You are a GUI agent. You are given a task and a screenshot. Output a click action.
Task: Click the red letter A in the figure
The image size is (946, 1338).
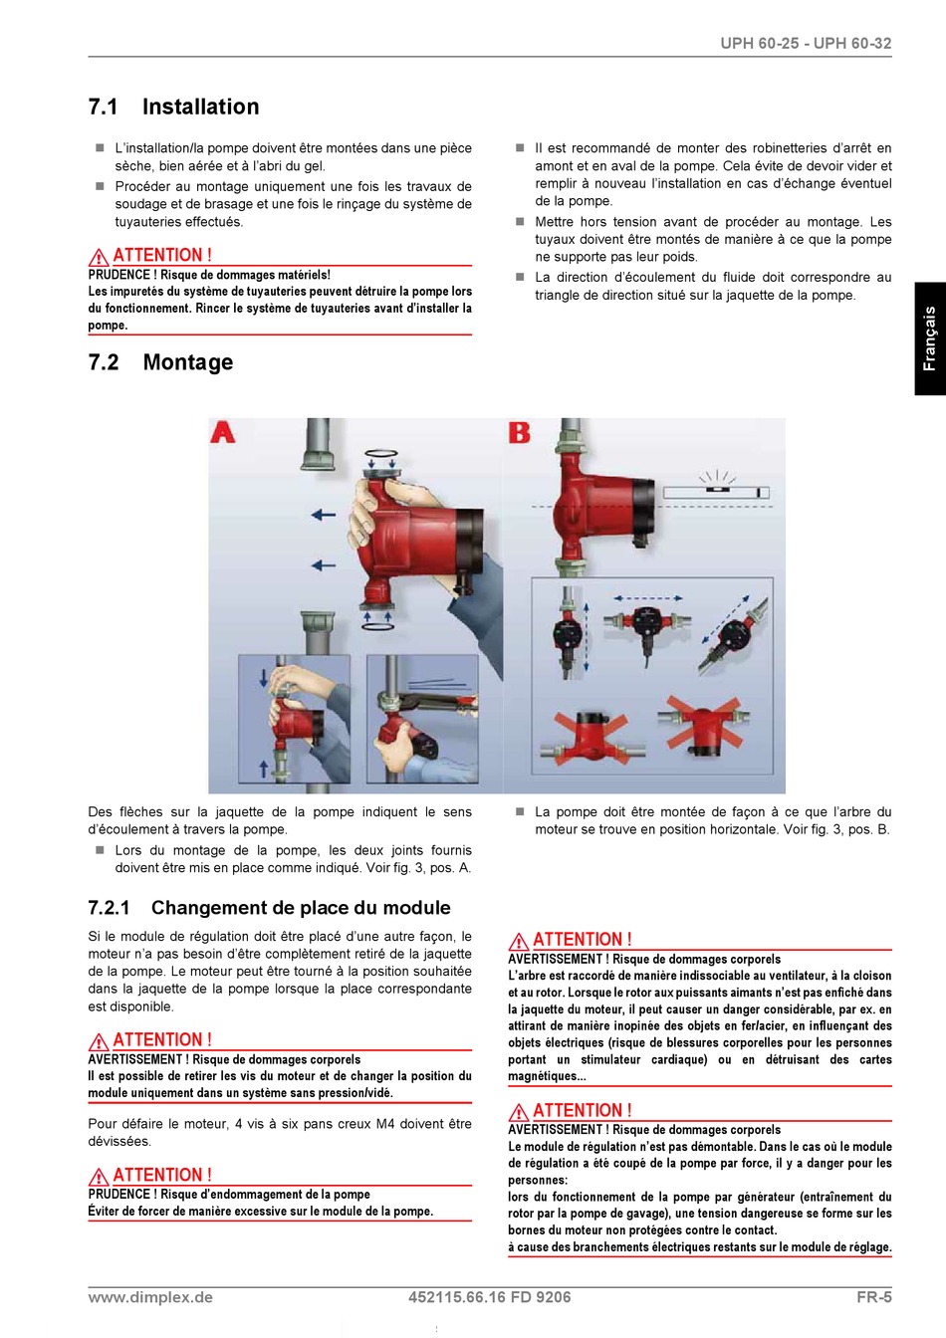point(222,432)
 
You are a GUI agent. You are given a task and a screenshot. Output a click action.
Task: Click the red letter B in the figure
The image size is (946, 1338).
point(519,432)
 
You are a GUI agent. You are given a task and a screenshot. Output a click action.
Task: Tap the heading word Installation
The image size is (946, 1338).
point(201,107)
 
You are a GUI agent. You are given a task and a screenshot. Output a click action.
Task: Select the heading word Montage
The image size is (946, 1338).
point(188,362)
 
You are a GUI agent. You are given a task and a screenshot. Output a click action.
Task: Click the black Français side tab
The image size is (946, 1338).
point(930,338)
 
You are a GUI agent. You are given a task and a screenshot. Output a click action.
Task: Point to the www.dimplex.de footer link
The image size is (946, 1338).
point(150,1297)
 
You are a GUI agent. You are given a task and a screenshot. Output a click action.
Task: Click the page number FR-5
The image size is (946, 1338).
point(873,1297)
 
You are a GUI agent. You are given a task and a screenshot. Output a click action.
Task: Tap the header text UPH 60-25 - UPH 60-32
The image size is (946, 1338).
point(806,44)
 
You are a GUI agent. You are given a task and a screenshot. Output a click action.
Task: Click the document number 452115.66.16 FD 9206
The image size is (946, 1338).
point(490,1297)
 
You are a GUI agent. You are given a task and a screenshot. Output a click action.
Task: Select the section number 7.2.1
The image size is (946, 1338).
point(109,907)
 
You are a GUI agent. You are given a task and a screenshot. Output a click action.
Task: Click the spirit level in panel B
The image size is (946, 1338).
point(716,492)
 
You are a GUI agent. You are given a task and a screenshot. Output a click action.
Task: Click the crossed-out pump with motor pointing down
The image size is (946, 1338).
point(704,724)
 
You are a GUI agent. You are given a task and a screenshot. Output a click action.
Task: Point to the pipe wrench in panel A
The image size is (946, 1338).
point(431,698)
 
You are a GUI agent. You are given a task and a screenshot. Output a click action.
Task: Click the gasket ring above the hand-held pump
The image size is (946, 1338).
point(381,454)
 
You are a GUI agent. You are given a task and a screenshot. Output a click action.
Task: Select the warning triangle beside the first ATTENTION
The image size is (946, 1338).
point(98,258)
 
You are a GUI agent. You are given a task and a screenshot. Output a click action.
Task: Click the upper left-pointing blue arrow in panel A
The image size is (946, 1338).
point(324,515)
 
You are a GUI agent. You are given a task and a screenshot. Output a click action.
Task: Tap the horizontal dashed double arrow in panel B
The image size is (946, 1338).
point(648,597)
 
